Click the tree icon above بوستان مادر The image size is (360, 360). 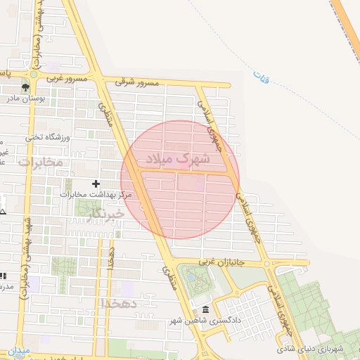coord(25,88)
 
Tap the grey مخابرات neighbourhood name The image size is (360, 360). coord(40,162)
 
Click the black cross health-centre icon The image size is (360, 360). coord(96,184)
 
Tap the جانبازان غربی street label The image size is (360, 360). coord(220,262)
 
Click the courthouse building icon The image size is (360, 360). coord(205,309)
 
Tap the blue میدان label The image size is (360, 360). coord(19,350)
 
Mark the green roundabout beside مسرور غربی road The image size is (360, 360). coord(33,73)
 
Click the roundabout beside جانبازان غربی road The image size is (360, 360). coord(268,264)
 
